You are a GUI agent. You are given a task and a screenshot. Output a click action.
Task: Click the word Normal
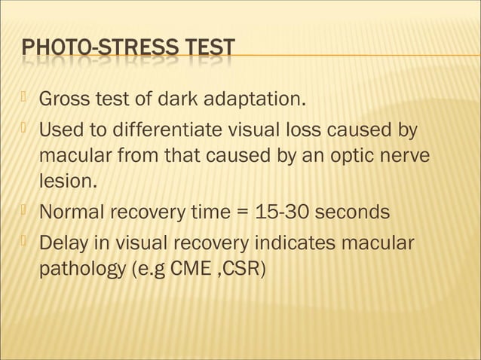72,212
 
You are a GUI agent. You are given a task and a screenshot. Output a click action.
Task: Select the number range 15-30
282,212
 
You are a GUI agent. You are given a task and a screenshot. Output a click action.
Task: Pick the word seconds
352,212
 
